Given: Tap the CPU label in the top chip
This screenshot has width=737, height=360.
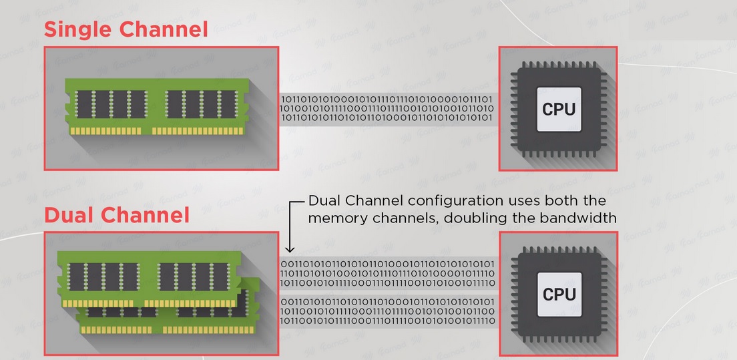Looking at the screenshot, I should tap(558, 109).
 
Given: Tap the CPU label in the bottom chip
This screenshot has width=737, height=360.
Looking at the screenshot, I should tap(558, 294).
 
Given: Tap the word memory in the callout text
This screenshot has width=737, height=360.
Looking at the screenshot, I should tap(336, 218).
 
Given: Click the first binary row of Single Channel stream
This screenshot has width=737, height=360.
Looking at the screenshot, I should tap(387, 100).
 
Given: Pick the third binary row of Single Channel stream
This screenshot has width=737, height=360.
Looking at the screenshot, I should tap(387, 118).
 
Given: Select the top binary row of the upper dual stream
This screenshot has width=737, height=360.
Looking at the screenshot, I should tap(388, 264).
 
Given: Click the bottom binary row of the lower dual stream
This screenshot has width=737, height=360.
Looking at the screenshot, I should tap(388, 321).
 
